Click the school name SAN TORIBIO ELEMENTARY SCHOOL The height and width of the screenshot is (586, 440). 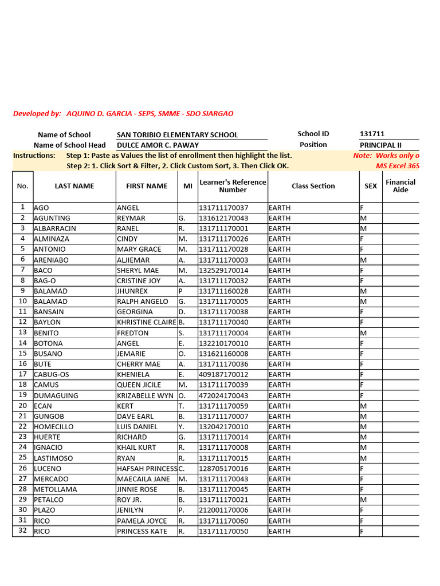[177, 135]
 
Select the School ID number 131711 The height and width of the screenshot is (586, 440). [372, 134]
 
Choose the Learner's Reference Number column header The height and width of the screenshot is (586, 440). [233, 186]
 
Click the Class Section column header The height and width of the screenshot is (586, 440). [313, 186]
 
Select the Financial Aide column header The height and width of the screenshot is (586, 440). [400, 186]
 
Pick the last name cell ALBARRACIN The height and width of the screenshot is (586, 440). [55, 228]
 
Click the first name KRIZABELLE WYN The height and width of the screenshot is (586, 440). [145, 395]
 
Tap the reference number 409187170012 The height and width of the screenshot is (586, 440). [223, 374]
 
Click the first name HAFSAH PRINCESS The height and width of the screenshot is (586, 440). [147, 469]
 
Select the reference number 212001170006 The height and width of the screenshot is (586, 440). [223, 510]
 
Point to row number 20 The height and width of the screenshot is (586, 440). [23, 406]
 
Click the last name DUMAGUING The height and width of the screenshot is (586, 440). [56, 395]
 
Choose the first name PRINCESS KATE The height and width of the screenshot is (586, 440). [142, 531]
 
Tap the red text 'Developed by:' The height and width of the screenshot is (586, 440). [37, 114]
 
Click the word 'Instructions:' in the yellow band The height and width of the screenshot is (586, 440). [34, 156]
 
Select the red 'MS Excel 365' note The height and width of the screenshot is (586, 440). [397, 166]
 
